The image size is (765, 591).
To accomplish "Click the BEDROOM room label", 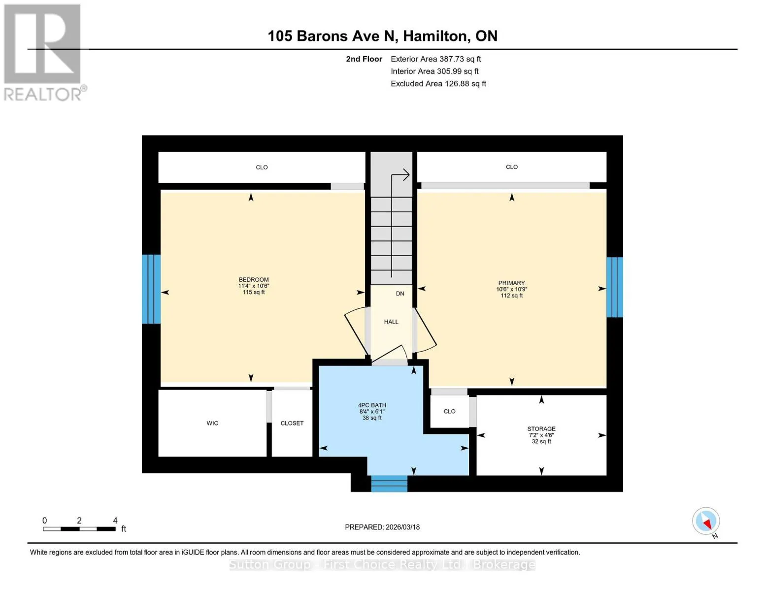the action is tap(254, 279).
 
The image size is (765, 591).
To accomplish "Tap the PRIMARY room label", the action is tap(511, 283).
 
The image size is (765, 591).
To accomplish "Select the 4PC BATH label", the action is tap(372, 405).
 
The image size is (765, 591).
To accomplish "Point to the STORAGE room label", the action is tap(541, 429).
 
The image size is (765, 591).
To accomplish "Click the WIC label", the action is tap(212, 423).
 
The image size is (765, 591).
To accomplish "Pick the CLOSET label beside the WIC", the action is tap(292, 423).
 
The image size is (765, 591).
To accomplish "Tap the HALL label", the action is tap(391, 322).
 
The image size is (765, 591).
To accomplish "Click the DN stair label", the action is tap(400, 294).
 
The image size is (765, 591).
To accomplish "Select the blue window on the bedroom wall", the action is tap(151, 289).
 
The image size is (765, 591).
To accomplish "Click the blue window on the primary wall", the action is tap(615, 287).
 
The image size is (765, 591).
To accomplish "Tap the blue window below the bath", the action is tap(389, 484).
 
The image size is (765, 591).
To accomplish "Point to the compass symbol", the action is tap(706, 521).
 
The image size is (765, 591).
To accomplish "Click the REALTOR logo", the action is tap(44, 53).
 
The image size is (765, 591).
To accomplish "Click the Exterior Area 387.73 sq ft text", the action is tap(435, 59).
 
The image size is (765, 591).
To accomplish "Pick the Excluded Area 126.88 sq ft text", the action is tap(438, 84).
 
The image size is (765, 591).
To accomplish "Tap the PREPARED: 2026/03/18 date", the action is tap(382, 527).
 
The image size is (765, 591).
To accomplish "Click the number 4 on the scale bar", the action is tap(115, 520).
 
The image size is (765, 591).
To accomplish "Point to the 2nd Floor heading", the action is tap(364, 59).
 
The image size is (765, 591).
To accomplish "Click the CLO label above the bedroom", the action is tap(262, 167).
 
